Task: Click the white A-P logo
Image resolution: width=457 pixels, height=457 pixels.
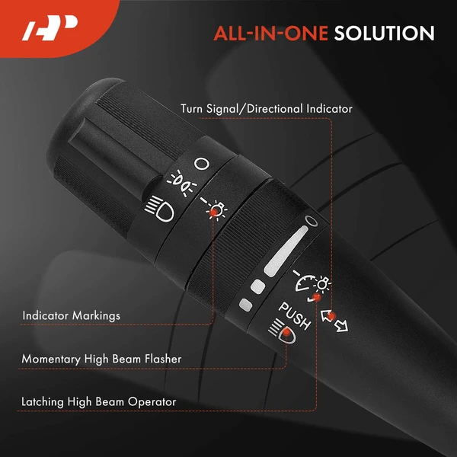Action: click(x=50, y=27)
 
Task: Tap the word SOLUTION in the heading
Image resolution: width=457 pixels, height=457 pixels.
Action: click(x=384, y=34)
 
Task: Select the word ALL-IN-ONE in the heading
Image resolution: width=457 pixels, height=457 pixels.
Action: click(x=271, y=34)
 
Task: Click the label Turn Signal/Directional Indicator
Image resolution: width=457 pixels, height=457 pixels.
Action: click(x=267, y=109)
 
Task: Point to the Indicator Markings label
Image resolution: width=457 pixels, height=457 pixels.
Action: click(x=71, y=315)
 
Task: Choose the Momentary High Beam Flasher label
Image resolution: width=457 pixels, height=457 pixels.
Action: click(x=101, y=359)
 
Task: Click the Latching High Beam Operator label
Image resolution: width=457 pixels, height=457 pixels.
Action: click(x=99, y=402)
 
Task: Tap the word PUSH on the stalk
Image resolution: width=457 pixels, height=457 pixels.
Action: click(x=294, y=316)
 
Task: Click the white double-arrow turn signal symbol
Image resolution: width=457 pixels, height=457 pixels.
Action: click(x=334, y=321)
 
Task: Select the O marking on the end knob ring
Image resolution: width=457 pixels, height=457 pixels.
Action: click(x=202, y=164)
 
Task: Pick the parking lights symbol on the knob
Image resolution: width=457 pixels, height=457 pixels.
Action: click(x=181, y=183)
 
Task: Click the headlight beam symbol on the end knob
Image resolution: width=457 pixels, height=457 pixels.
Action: click(x=159, y=209)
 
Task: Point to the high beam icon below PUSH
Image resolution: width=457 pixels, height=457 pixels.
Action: click(x=282, y=331)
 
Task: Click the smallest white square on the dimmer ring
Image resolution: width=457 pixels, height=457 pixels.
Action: click(x=245, y=305)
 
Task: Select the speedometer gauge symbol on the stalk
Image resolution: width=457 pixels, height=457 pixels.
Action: click(x=305, y=280)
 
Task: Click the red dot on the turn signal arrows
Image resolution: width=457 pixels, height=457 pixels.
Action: click(x=331, y=316)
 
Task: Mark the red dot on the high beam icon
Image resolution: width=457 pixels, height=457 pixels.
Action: click(x=287, y=332)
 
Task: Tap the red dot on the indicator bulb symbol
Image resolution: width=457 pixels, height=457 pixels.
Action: click(x=213, y=213)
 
